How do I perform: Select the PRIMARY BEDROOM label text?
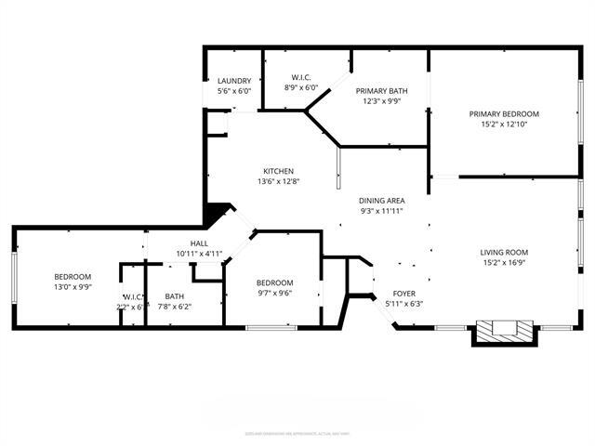pyautogui.click(x=504, y=113)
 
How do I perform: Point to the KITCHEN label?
pyautogui.click(x=278, y=171)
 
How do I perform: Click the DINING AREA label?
pyautogui.click(x=381, y=201)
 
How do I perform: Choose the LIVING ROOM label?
pyautogui.click(x=504, y=252)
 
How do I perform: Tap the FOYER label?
pyautogui.click(x=403, y=293)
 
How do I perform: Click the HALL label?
pyautogui.click(x=200, y=243)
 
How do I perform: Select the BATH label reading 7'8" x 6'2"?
pyautogui.click(x=175, y=295)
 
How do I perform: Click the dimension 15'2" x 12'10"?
pyautogui.click(x=504, y=124)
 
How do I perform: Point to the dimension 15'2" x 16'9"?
pyautogui.click(x=504, y=262)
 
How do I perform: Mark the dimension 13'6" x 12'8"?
pyautogui.click(x=278, y=181)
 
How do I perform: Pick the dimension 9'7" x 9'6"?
pyautogui.click(x=274, y=293)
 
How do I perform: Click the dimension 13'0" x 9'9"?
pyautogui.click(x=72, y=287)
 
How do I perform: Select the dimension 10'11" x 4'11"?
pyautogui.click(x=200, y=253)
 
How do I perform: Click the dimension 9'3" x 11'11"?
pyautogui.click(x=381, y=211)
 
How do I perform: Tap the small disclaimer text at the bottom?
pyautogui.click(x=297, y=433)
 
